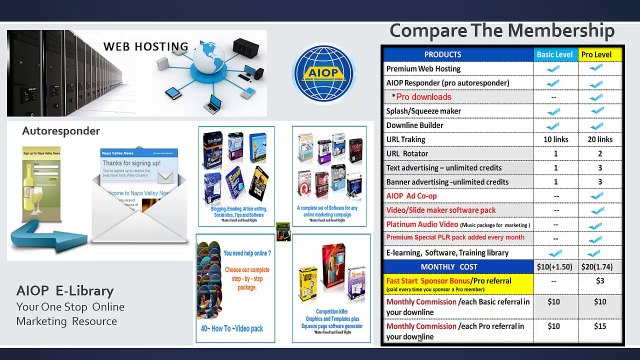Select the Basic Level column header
(x=555, y=54)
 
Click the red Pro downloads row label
(x=424, y=97)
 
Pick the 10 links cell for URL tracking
(x=555, y=140)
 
